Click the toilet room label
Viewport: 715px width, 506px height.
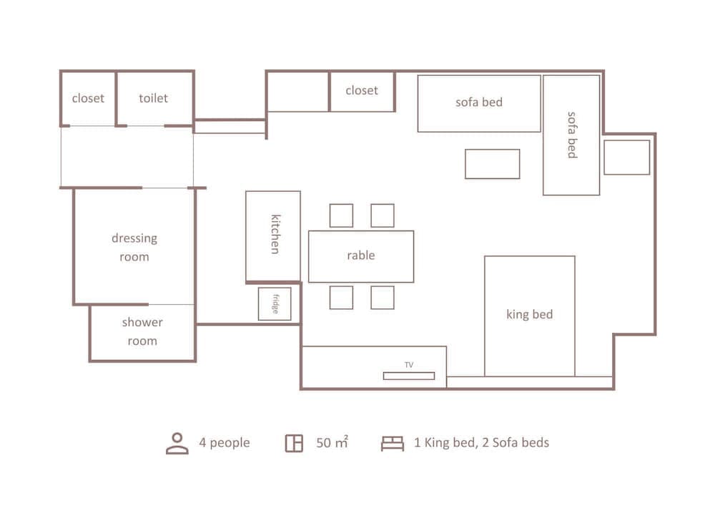point(154,98)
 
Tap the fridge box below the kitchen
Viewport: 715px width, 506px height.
point(275,303)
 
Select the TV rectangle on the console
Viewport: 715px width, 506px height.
point(408,376)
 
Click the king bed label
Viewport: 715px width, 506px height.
point(529,314)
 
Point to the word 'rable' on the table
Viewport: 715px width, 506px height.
point(361,256)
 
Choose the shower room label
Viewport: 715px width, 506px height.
point(142,331)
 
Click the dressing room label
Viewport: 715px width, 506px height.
point(134,247)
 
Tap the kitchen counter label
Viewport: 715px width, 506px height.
point(275,233)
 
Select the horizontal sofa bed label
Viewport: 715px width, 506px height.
point(479,102)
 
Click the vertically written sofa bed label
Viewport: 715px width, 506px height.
point(572,135)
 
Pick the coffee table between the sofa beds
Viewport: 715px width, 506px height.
point(492,164)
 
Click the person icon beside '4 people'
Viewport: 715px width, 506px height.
point(177,443)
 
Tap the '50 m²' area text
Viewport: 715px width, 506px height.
point(332,443)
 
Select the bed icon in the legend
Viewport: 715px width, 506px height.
point(392,443)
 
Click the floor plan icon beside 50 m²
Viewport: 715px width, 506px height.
point(293,443)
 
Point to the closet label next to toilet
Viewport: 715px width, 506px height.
point(88,98)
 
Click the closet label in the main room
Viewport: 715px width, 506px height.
point(362,91)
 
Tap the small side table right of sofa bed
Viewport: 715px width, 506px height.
point(626,157)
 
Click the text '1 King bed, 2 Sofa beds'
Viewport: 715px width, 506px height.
point(481,442)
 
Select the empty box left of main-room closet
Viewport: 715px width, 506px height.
point(297,92)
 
